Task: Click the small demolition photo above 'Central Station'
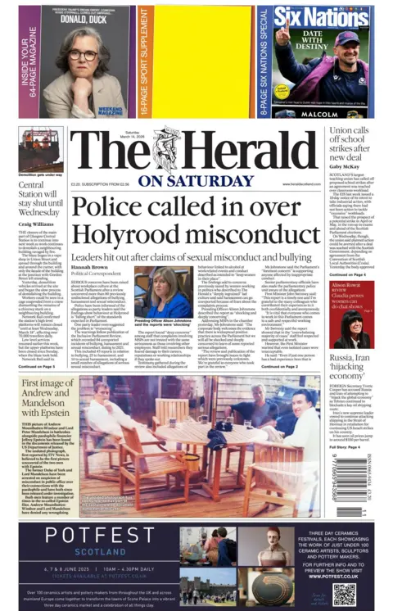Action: point(41,149)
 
